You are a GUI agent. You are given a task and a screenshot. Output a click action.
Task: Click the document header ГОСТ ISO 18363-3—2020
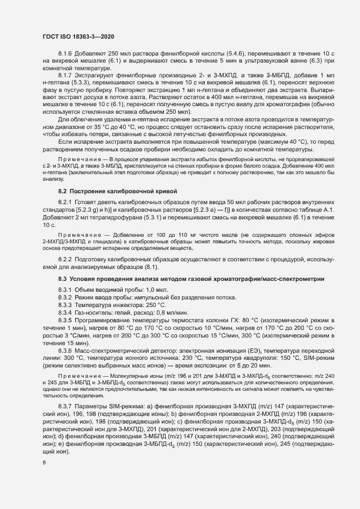tap(78, 36)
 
